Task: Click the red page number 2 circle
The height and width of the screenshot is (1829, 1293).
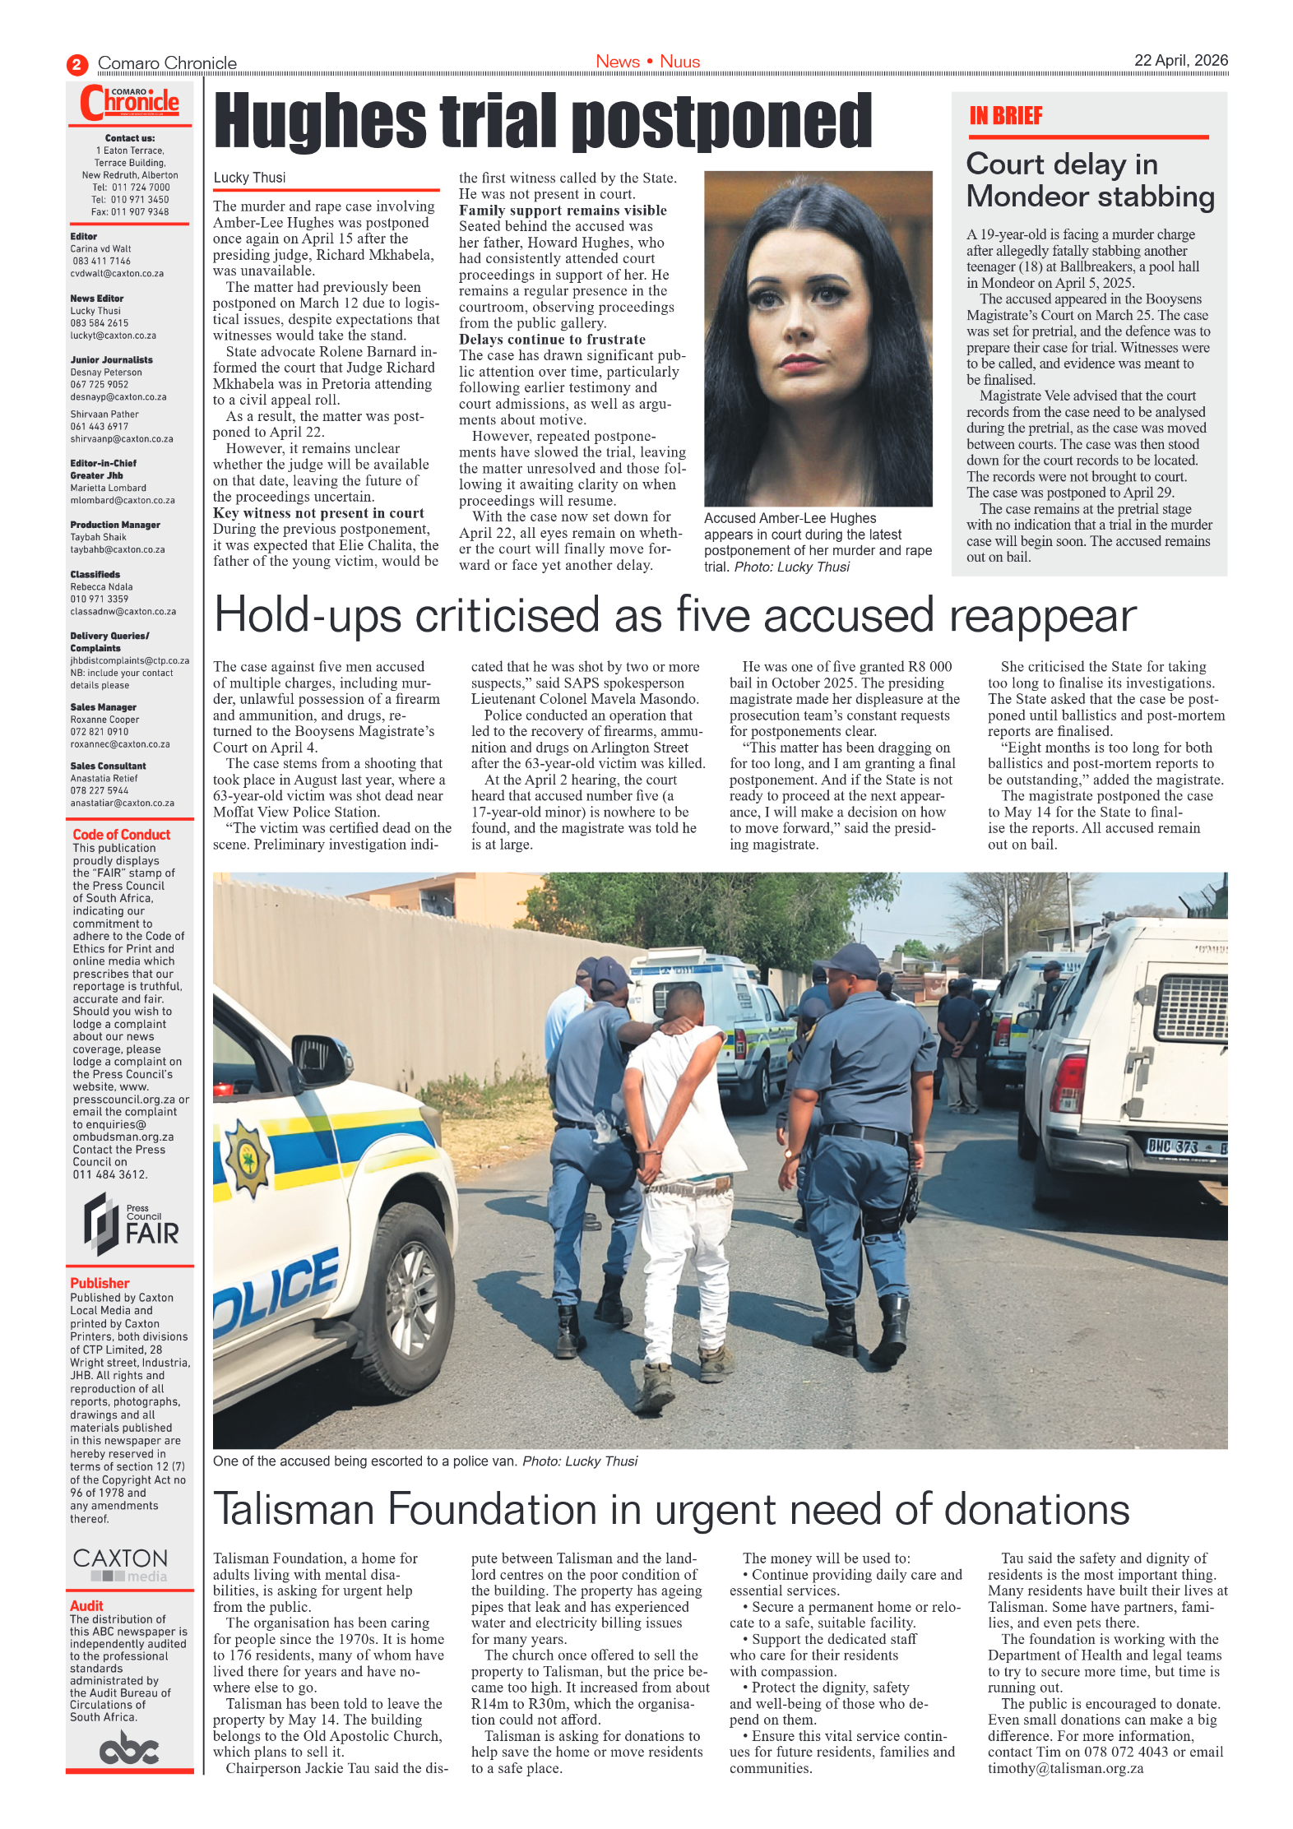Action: click(76, 64)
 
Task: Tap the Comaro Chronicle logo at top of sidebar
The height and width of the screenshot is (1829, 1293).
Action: click(130, 103)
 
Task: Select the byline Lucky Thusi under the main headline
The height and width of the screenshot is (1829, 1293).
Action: click(249, 178)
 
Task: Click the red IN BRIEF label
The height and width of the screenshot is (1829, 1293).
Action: click(1005, 116)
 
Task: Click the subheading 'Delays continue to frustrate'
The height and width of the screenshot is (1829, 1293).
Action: click(552, 339)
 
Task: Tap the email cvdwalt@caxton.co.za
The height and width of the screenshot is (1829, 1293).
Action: click(117, 273)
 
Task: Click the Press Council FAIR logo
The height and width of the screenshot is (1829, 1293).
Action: click(131, 1224)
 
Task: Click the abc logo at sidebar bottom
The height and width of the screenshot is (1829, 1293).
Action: click(128, 1748)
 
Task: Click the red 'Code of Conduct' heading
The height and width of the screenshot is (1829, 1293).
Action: click(121, 834)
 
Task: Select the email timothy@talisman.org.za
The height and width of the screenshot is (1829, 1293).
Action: click(1064, 1767)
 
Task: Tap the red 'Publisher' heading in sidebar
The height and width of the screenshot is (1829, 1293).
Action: click(100, 1282)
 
